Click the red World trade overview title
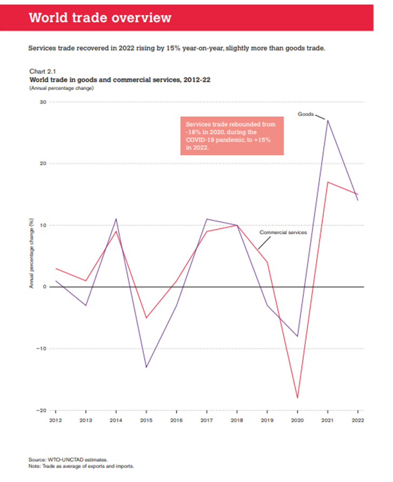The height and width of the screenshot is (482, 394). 100,17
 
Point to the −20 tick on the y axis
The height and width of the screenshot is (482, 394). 42,411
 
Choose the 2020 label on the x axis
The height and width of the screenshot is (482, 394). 297,420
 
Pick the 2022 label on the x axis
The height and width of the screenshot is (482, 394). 357,420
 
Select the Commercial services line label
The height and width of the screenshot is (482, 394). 283,232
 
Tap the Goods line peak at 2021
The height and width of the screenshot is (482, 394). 328,120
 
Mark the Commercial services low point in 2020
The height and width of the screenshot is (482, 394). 297,398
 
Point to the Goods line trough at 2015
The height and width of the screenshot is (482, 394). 146,367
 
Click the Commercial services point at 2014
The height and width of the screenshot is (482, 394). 116,231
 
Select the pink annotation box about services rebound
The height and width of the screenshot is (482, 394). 232,135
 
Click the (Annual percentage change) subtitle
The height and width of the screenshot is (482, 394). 61,88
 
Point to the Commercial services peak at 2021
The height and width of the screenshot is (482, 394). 328,182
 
